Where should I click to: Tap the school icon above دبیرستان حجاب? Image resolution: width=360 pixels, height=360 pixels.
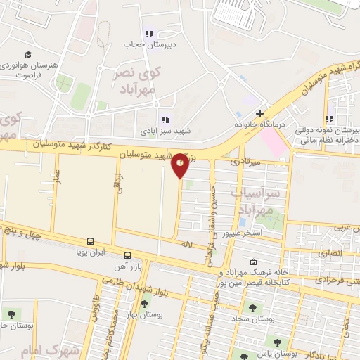pyautogui.click(x=148, y=34)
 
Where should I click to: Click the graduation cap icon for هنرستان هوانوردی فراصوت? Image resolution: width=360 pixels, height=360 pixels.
pyautogui.click(x=28, y=55)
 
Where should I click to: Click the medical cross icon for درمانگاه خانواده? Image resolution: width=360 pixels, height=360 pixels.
pyautogui.click(x=259, y=112)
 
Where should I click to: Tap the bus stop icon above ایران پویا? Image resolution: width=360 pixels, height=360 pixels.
pyautogui.click(x=90, y=240)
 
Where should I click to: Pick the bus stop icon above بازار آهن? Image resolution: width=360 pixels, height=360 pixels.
pyautogui.click(x=127, y=255)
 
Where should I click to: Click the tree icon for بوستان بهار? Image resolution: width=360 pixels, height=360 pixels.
pyautogui.click(x=144, y=304)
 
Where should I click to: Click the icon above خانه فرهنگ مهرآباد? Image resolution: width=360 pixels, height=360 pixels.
pyautogui.click(x=253, y=261)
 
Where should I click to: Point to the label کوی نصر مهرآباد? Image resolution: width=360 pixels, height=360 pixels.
pyautogui.click(x=138, y=79)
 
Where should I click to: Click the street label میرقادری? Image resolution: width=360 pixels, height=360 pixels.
pyautogui.click(x=246, y=162)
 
